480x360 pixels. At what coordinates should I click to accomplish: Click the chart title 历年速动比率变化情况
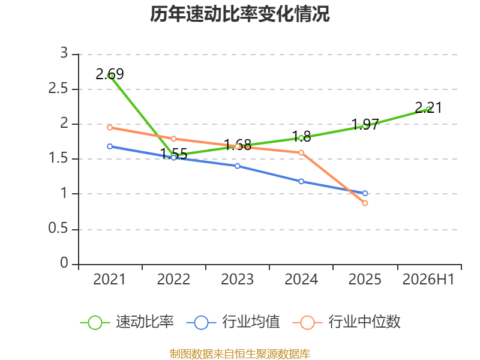click(239, 14)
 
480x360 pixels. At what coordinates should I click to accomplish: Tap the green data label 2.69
click(110, 74)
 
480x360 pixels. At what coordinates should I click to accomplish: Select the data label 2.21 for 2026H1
click(428, 107)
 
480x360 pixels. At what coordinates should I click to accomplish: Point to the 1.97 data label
click(365, 124)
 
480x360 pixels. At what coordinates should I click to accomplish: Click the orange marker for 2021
click(110, 127)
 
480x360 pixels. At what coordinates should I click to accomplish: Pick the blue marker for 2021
click(110, 146)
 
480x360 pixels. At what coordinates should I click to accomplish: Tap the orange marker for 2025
click(365, 203)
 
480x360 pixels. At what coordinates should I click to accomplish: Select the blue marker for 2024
click(301, 182)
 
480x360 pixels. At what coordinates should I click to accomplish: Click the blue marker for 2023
click(238, 166)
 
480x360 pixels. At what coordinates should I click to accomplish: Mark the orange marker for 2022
click(173, 139)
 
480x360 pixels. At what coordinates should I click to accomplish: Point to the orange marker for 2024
click(301, 152)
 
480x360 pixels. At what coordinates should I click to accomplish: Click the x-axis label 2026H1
click(428, 279)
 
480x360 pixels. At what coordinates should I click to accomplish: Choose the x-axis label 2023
click(237, 279)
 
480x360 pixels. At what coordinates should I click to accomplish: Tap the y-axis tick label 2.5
click(58, 88)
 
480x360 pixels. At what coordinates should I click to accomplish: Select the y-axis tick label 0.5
click(58, 228)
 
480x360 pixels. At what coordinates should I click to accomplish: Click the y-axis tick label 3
click(64, 53)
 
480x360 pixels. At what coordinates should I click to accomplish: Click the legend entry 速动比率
click(127, 322)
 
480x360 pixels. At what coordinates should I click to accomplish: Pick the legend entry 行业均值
click(233, 322)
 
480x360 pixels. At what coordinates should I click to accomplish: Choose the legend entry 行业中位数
click(347, 322)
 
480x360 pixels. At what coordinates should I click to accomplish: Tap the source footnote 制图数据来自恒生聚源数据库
click(240, 354)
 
